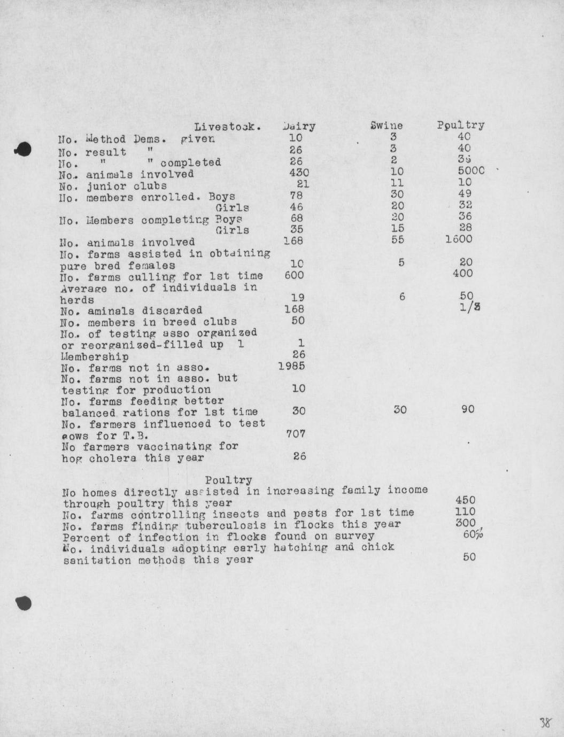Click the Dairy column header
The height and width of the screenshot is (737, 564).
(x=299, y=127)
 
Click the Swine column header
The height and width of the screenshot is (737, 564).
(x=386, y=126)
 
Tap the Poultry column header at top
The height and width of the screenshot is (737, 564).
(x=460, y=125)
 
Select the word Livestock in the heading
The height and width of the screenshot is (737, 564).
(x=227, y=127)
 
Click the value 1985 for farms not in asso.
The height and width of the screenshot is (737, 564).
(x=291, y=366)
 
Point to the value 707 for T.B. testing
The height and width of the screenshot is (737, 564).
(x=296, y=433)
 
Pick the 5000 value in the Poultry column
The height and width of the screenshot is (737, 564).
(x=471, y=171)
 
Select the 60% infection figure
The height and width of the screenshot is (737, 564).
(x=473, y=534)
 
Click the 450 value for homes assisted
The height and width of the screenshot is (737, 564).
(x=465, y=500)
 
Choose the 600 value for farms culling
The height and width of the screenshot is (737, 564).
(x=294, y=275)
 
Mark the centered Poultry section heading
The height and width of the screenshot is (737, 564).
(x=228, y=480)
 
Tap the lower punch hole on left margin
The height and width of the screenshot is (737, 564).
(x=24, y=602)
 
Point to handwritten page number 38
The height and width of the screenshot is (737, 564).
(x=545, y=723)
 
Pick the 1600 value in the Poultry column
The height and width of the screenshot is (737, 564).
(x=459, y=239)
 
